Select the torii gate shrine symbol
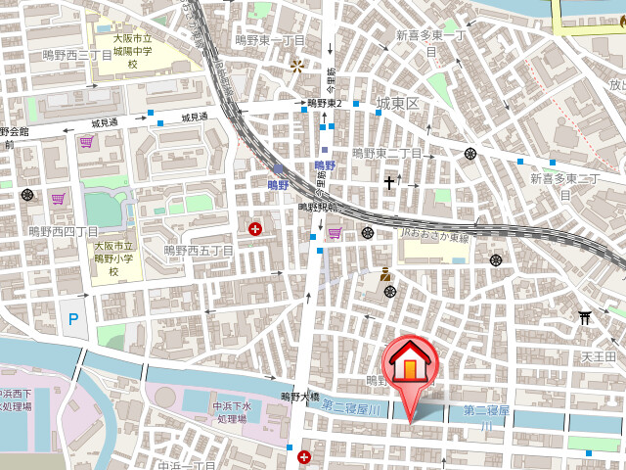point(585,316)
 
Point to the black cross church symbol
point(388,182)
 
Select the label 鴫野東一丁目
point(270,40)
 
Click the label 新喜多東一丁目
point(431,42)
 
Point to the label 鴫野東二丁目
point(386,154)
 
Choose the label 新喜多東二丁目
point(564,185)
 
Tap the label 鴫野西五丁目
point(199,251)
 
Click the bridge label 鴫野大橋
point(300,397)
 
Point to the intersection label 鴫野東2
point(324,103)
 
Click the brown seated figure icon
point(386,274)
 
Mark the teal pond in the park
point(104,209)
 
